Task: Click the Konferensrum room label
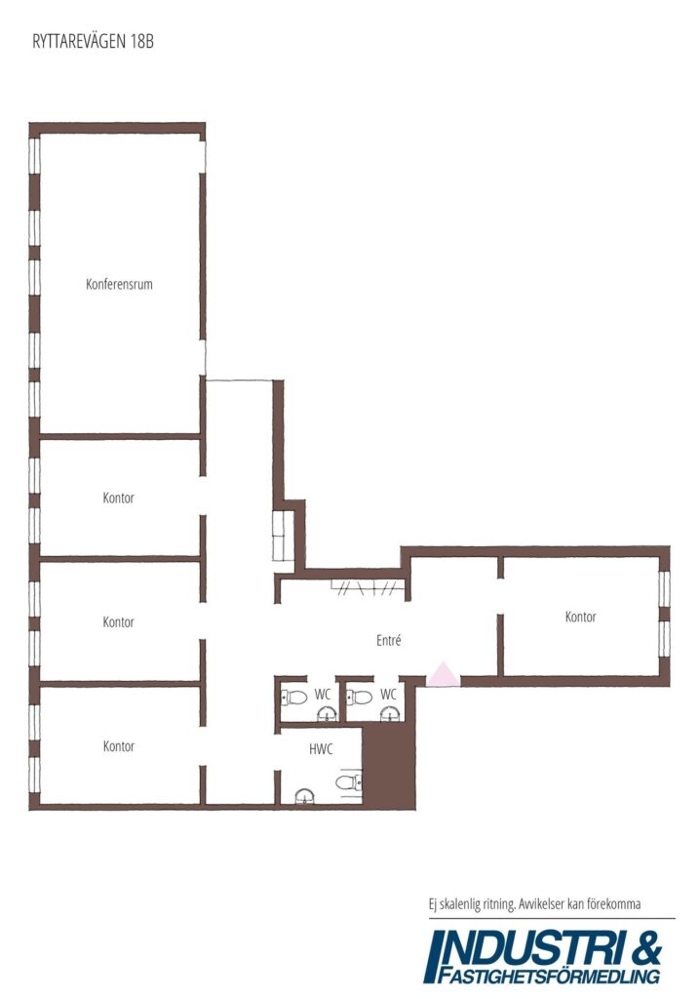coord(119,284)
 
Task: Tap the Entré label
coord(388,640)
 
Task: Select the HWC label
coord(321,749)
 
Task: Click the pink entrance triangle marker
coord(443,675)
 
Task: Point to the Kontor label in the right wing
coord(581,617)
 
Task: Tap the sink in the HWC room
coord(305,796)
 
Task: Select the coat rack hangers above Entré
coord(368,587)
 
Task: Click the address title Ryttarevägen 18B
coord(93,41)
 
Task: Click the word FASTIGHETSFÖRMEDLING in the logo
coord(549,976)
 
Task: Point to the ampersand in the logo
coord(645,948)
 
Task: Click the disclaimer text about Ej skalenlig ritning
coord(535,904)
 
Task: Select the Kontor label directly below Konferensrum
coord(118,498)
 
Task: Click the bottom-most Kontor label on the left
coord(119,746)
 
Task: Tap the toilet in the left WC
coord(294,698)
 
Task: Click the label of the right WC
coord(388,694)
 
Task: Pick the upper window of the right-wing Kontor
coord(664,588)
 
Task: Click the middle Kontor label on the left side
coord(118,621)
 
